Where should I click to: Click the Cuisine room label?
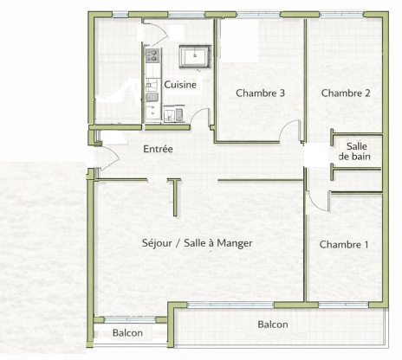(x=180, y=85)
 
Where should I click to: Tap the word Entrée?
(x=158, y=150)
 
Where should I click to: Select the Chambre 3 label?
(x=261, y=93)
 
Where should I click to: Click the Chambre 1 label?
(x=344, y=245)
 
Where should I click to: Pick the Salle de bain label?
(x=355, y=151)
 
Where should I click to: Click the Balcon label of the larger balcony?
(x=273, y=325)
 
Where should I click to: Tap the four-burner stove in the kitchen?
(x=152, y=58)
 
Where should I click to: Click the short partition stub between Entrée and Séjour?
(x=175, y=197)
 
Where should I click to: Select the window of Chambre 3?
(x=260, y=15)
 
